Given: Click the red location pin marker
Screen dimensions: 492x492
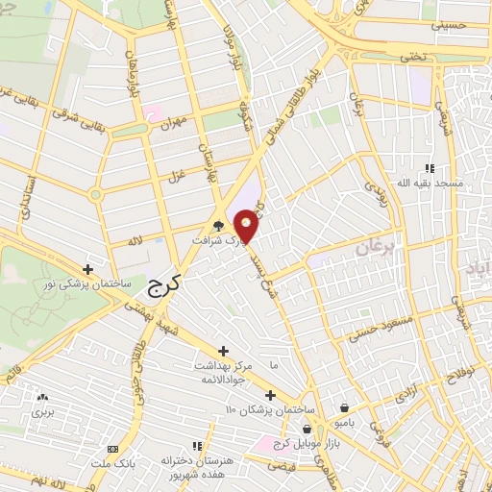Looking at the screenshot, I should pyautogui.click(x=247, y=225).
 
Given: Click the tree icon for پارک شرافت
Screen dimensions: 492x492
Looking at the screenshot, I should pyautogui.click(x=220, y=227).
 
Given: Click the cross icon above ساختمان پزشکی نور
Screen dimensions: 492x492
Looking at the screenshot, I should pyautogui.click(x=88, y=269).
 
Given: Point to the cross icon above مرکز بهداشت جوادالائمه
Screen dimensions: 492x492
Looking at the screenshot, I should pyautogui.click(x=224, y=351).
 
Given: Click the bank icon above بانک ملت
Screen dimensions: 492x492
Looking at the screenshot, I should pyautogui.click(x=113, y=450).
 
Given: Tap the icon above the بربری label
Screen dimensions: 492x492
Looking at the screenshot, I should pyautogui.click(x=41, y=397).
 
